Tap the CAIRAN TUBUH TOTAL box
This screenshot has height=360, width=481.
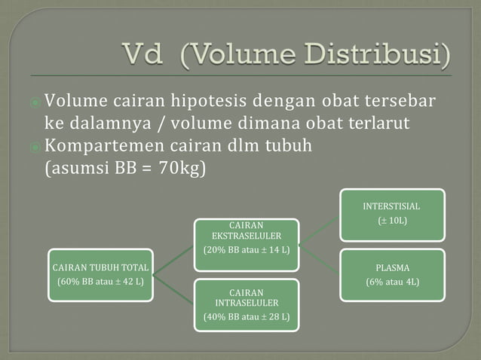click(x=100, y=275)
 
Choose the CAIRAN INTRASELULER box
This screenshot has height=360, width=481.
click(x=247, y=304)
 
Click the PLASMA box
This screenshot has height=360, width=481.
click(x=392, y=274)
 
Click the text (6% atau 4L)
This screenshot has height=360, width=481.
click(x=392, y=282)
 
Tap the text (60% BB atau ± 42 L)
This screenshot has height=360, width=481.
click(x=100, y=283)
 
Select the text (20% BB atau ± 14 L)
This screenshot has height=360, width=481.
click(x=247, y=250)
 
